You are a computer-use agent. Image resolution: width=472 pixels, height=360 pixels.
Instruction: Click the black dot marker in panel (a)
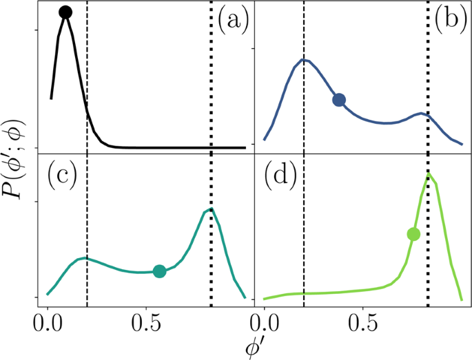[65, 12]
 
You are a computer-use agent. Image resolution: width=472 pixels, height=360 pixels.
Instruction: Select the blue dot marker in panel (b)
[338, 100]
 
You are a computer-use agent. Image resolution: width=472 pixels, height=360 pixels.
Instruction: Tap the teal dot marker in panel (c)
[159, 271]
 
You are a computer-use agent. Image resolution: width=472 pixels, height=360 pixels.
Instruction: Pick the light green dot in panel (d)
[413, 234]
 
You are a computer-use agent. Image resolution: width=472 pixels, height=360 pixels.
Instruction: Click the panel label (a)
[232, 21]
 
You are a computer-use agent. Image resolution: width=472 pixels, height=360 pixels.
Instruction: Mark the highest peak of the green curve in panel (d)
[429, 173]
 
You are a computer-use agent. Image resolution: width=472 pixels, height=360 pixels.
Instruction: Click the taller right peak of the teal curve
[211, 209]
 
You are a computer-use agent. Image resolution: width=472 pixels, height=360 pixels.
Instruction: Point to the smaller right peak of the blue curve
[422, 113]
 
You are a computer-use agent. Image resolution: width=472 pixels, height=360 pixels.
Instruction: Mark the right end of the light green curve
[461, 299]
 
